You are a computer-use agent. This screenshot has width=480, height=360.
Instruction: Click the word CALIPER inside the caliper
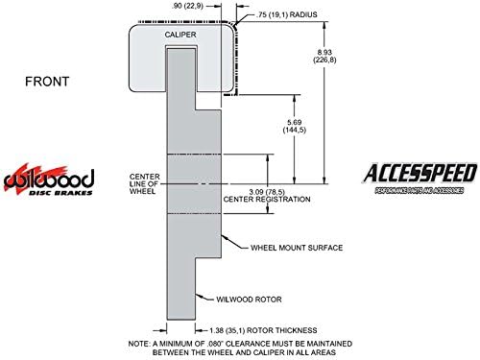pos(183,35)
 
